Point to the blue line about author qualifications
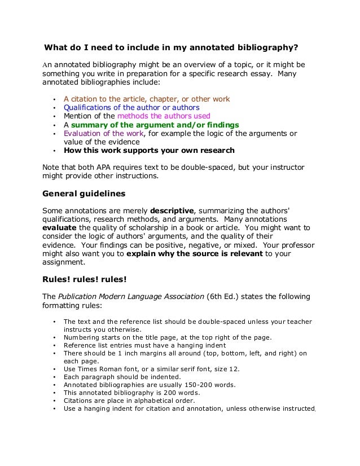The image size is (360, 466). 131,107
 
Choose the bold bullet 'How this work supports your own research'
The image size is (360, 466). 149,151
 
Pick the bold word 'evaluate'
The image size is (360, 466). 60,227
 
